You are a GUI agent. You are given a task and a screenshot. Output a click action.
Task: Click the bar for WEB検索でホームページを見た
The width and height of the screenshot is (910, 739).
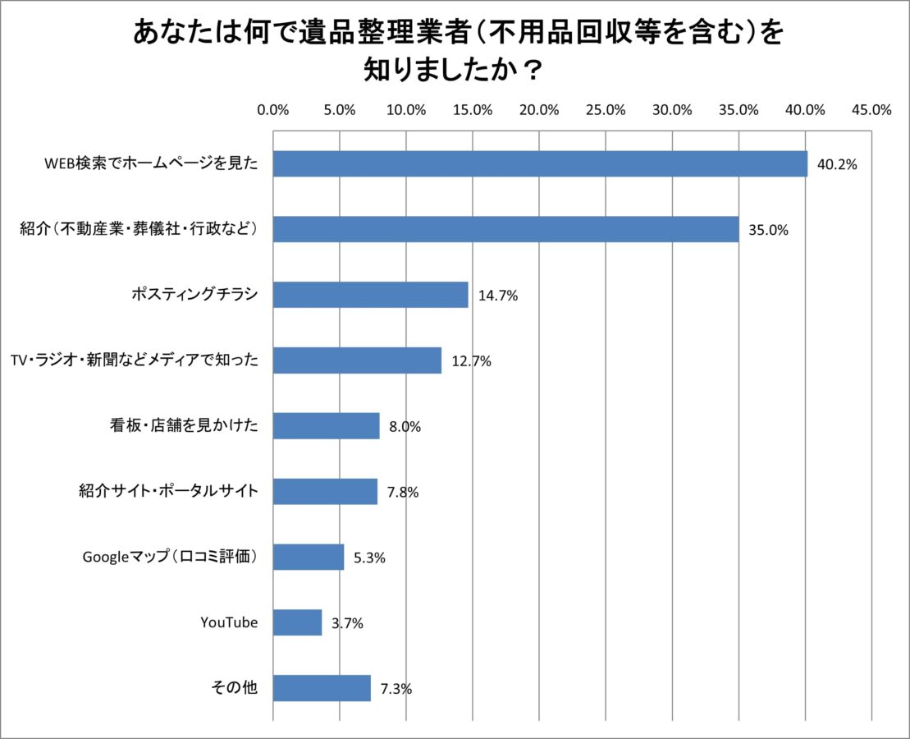coord(540,164)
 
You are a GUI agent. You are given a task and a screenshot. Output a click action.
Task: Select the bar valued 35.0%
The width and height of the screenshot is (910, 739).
coord(505,230)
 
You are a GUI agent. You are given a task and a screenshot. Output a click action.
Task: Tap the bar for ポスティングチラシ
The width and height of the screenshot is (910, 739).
coord(370,296)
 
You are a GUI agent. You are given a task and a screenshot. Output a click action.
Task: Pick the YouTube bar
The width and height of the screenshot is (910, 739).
coord(297,623)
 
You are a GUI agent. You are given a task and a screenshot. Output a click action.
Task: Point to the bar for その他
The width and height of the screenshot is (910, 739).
coord(322,689)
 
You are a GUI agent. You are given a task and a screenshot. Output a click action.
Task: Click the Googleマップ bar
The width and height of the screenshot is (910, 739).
coord(309,558)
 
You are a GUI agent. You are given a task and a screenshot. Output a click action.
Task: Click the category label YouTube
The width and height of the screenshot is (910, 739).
coord(229,623)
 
